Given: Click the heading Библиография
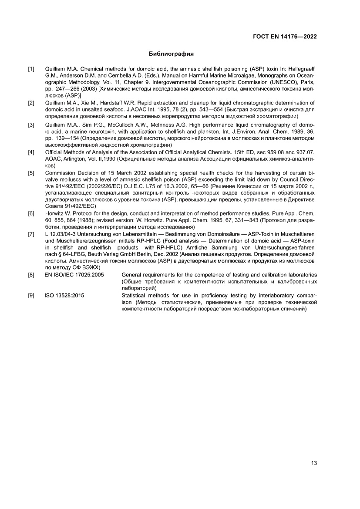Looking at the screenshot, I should pos(171,54).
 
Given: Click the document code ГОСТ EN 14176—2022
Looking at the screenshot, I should pos(285,37).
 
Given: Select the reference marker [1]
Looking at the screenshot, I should pos(31,69).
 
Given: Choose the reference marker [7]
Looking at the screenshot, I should pos(31,234).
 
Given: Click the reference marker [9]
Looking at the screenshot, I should pos(31,295).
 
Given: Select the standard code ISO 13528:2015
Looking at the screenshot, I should pos(64,295).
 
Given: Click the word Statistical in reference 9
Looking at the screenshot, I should pos(135,295).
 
